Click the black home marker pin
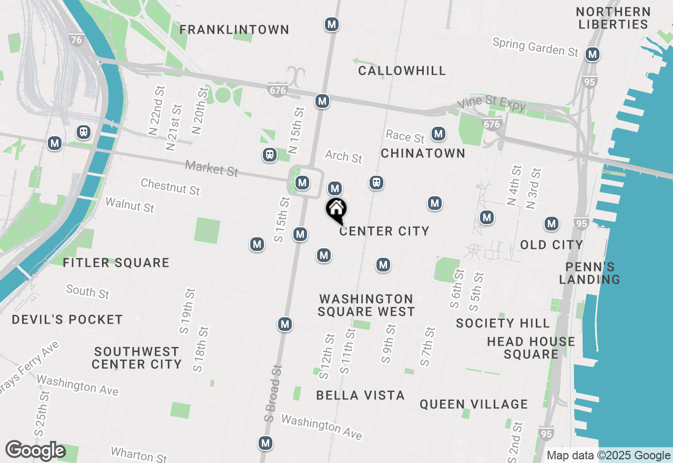click(336, 210)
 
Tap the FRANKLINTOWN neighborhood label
click(234, 30)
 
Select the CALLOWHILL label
click(402, 71)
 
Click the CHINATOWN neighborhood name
click(423, 153)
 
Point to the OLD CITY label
click(552, 245)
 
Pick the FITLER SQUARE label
click(116, 263)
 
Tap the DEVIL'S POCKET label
click(67, 319)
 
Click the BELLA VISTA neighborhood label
click(361, 395)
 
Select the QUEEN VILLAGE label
click(474, 404)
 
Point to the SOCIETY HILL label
click(503, 323)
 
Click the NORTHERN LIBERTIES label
click(613, 18)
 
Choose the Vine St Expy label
click(491, 105)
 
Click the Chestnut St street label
click(170, 186)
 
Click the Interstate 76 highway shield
click(77, 40)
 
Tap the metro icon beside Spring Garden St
click(593, 54)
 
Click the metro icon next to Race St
click(439, 134)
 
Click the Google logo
click(35, 451)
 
